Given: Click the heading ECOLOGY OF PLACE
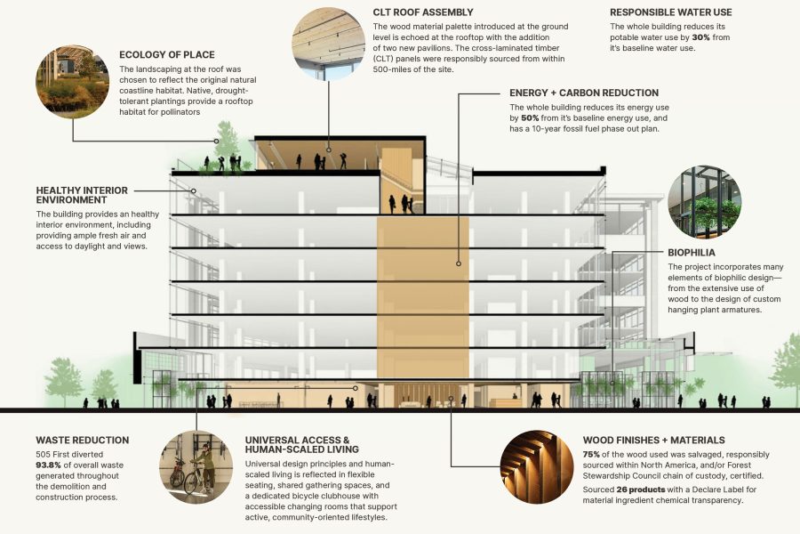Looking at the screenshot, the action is click(166, 55).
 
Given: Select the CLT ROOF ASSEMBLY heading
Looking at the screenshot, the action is click(423, 12).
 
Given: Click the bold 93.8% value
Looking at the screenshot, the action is click(54, 465).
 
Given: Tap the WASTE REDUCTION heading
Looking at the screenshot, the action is click(82, 440).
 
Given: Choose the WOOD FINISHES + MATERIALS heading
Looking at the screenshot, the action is click(653, 440).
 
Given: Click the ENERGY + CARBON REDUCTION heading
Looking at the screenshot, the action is click(583, 93).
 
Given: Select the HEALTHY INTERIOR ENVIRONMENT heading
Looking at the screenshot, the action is click(82, 196).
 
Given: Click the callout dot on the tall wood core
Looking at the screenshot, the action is click(458, 263).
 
